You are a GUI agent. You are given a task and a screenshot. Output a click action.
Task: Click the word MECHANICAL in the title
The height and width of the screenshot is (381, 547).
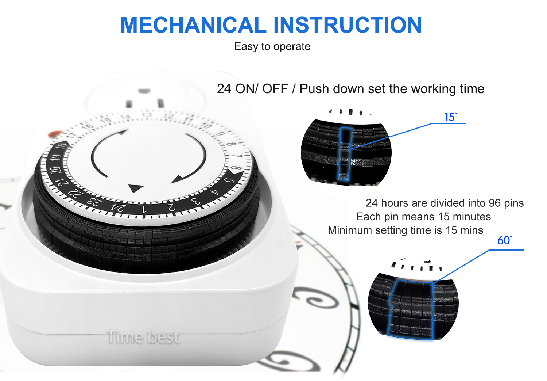pos(193,25)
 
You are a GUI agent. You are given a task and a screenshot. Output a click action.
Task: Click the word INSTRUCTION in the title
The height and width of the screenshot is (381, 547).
pos(348,25)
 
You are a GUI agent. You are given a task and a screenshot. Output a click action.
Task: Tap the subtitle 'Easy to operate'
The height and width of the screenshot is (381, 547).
pos(272,46)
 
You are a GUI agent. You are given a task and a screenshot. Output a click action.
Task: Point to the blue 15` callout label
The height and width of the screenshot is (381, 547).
pos(450,117)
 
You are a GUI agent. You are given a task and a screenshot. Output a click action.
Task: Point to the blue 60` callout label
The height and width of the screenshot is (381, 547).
pos(505,240)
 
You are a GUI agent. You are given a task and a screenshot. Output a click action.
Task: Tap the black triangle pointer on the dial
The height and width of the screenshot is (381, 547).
pos(136,188)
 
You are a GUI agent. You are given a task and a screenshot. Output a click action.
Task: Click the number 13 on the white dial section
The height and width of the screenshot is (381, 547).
pos(147,115)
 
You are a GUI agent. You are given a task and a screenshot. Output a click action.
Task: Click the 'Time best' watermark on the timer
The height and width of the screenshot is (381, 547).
pos(143,337)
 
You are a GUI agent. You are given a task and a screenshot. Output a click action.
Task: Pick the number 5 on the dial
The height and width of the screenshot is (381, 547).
pos(230,180)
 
